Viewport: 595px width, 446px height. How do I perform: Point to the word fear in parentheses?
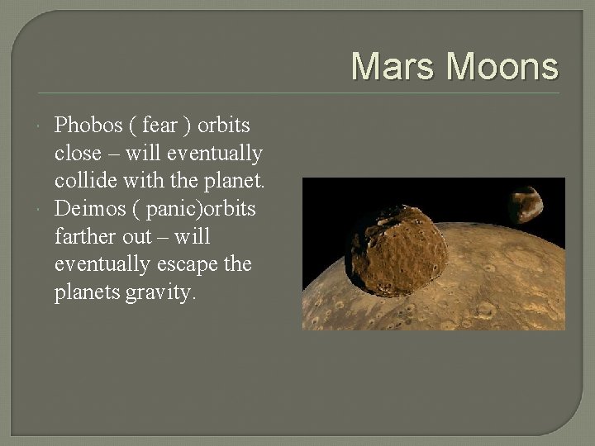tap(159, 126)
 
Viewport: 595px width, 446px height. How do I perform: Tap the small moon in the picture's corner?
tap(526, 205)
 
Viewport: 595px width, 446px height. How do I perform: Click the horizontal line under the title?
tap(297, 93)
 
